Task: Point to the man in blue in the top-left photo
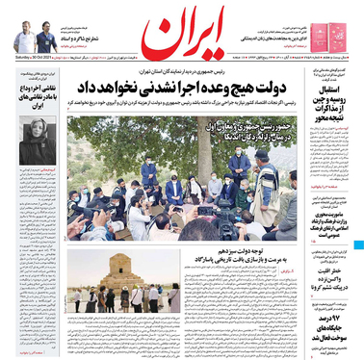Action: pyautogui.click(x=45, y=41)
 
